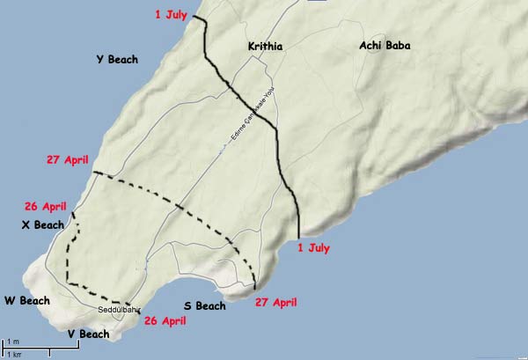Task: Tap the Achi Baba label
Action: coord(385,46)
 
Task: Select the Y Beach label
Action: coord(117,60)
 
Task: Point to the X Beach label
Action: coord(42,225)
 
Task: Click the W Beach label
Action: coord(26,301)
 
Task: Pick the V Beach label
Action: coord(88,334)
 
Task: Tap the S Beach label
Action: coord(205,306)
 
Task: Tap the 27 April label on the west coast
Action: coord(69,160)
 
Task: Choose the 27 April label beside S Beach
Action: coord(275,302)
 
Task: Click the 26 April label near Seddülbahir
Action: coord(166,321)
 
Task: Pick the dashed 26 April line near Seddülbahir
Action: coord(69,264)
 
